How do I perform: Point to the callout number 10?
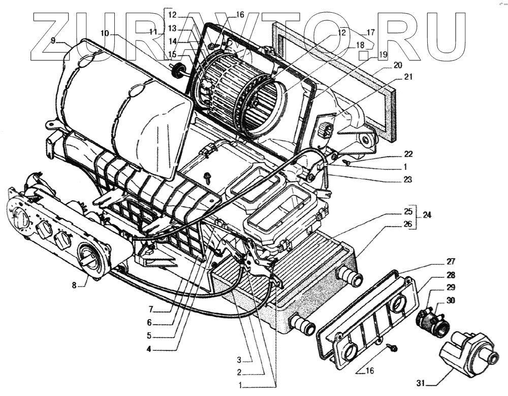coord(105,33)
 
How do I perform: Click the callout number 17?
coord(370,32)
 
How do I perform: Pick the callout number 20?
coord(397,65)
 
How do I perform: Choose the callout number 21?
coord(408,77)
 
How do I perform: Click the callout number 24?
coord(426,214)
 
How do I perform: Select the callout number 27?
coord(436,262)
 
